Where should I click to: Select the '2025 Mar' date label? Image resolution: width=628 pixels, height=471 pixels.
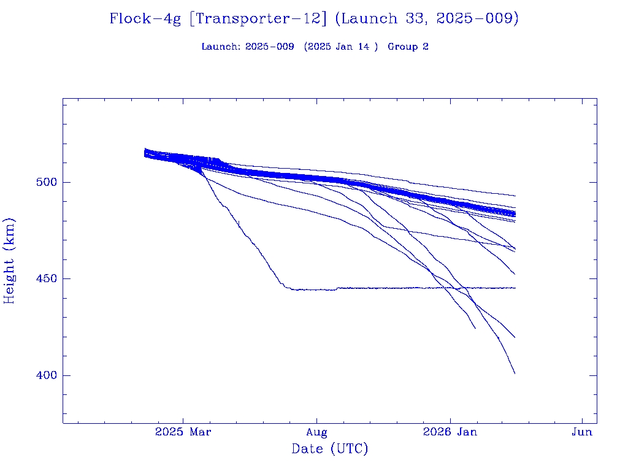(x=183, y=432)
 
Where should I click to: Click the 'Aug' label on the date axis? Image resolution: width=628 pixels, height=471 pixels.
(x=316, y=432)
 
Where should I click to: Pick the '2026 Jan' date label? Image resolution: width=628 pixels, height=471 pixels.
(x=450, y=432)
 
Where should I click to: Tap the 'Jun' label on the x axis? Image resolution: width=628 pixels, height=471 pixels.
(x=582, y=432)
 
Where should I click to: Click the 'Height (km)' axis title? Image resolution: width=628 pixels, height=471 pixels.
(x=10, y=261)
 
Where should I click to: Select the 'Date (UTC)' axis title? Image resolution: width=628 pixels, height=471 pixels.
(x=330, y=450)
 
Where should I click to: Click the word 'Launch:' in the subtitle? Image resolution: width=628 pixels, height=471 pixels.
(x=221, y=47)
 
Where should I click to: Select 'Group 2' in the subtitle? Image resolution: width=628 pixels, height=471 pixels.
(x=408, y=47)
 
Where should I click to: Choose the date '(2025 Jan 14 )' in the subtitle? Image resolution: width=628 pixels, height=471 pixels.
(x=341, y=47)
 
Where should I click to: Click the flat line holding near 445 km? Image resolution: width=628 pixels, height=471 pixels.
(x=399, y=288)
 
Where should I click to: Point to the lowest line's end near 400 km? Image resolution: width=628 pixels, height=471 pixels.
(x=515, y=373)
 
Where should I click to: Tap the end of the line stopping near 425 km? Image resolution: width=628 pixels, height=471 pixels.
(x=475, y=327)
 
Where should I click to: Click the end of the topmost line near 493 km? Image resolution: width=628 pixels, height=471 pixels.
(x=515, y=196)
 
